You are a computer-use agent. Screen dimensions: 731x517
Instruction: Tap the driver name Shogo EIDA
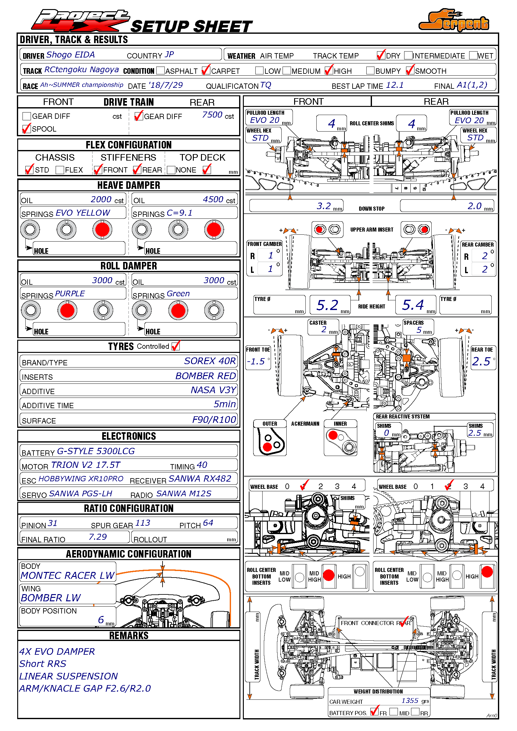pyautogui.click(x=70, y=55)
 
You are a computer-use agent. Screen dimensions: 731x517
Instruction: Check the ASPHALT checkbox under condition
pyautogui.click(x=161, y=70)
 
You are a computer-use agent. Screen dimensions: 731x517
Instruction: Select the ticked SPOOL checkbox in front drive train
pyautogui.click(x=27, y=129)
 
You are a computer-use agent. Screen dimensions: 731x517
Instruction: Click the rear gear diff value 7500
pyautogui.click(x=212, y=115)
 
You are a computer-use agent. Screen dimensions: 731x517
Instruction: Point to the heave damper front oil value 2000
pyautogui.click(x=101, y=199)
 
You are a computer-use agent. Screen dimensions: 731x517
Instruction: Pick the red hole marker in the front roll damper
pyautogui.click(x=67, y=310)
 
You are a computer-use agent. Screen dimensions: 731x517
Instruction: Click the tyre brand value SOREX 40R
pyautogui.click(x=209, y=361)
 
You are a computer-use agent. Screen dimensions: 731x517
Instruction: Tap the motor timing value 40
pyautogui.click(x=202, y=465)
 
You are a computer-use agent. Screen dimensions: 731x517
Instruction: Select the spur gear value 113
pyautogui.click(x=143, y=523)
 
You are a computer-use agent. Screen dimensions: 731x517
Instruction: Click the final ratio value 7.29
pyautogui.click(x=98, y=537)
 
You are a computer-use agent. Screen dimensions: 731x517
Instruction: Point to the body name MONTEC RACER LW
pyautogui.click(x=67, y=575)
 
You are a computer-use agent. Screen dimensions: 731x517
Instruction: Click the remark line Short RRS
pyautogui.click(x=43, y=663)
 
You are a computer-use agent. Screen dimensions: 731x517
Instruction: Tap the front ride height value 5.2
pyautogui.click(x=327, y=305)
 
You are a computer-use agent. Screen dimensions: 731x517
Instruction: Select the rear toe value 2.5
pyautogui.click(x=481, y=361)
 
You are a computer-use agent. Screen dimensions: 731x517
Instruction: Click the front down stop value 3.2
pyautogui.click(x=324, y=206)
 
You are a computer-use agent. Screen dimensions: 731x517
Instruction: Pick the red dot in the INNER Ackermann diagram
pyautogui.click(x=333, y=435)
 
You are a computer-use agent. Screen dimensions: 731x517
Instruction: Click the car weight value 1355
pyautogui.click(x=410, y=700)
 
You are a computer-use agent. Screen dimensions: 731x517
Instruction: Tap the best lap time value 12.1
pyautogui.click(x=394, y=85)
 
